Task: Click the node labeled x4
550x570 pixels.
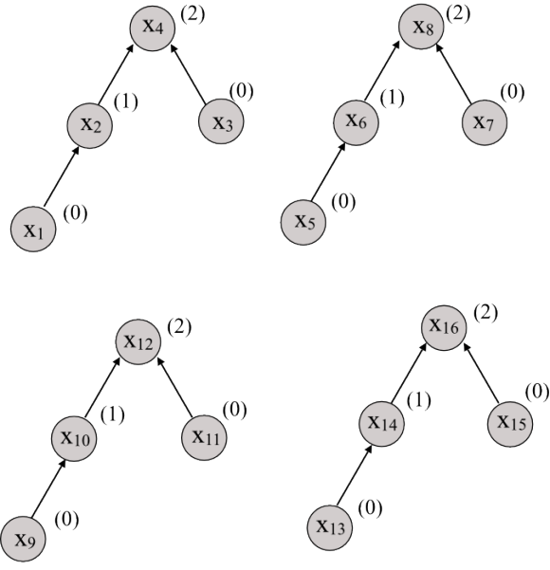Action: (153, 28)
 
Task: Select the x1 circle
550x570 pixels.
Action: (33, 229)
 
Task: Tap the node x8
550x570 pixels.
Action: (421, 27)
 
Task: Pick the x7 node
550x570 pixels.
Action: (485, 122)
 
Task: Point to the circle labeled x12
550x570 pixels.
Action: (138, 341)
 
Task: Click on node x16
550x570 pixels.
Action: (444, 327)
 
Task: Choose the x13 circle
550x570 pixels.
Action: (330, 527)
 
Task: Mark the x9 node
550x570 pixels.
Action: (23, 540)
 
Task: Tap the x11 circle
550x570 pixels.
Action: (204, 437)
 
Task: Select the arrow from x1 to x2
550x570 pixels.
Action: (62, 176)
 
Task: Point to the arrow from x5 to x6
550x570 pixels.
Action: (328, 172)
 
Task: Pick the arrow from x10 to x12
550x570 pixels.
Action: (102, 387)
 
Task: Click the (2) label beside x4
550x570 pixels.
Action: (192, 15)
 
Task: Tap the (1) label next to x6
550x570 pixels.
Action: (393, 98)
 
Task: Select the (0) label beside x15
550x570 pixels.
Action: (538, 393)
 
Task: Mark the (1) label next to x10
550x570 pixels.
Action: (113, 414)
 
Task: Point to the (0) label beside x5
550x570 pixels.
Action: (343, 201)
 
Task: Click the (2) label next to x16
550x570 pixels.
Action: (486, 313)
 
